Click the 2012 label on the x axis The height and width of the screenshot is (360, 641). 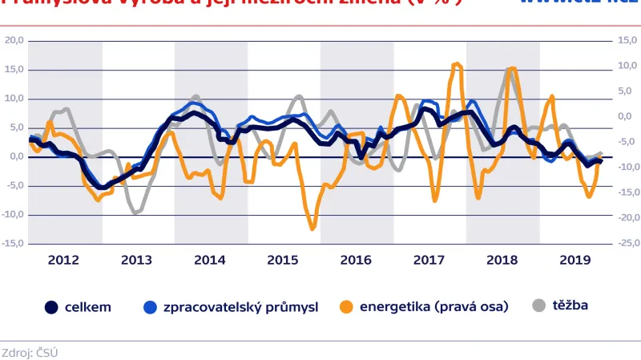[x=63, y=260]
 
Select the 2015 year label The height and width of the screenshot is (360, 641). [x=283, y=260]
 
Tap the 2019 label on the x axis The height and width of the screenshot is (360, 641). [x=574, y=260]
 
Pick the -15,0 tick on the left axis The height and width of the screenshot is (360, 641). [x=12, y=243]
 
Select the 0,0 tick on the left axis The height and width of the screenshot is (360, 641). [x=14, y=156]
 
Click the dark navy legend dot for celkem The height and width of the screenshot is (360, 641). [x=51, y=306]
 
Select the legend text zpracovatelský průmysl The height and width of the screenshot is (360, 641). [x=240, y=306]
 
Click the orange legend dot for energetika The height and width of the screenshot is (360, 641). [x=346, y=306]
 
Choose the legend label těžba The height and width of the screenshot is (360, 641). [x=570, y=305]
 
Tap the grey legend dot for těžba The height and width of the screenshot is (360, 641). [x=539, y=305]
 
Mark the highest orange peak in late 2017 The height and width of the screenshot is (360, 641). [x=458, y=64]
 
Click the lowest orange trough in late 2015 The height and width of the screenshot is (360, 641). [x=312, y=229]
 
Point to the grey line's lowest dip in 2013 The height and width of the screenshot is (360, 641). [x=136, y=212]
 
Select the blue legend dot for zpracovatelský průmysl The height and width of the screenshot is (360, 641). [x=149, y=306]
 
